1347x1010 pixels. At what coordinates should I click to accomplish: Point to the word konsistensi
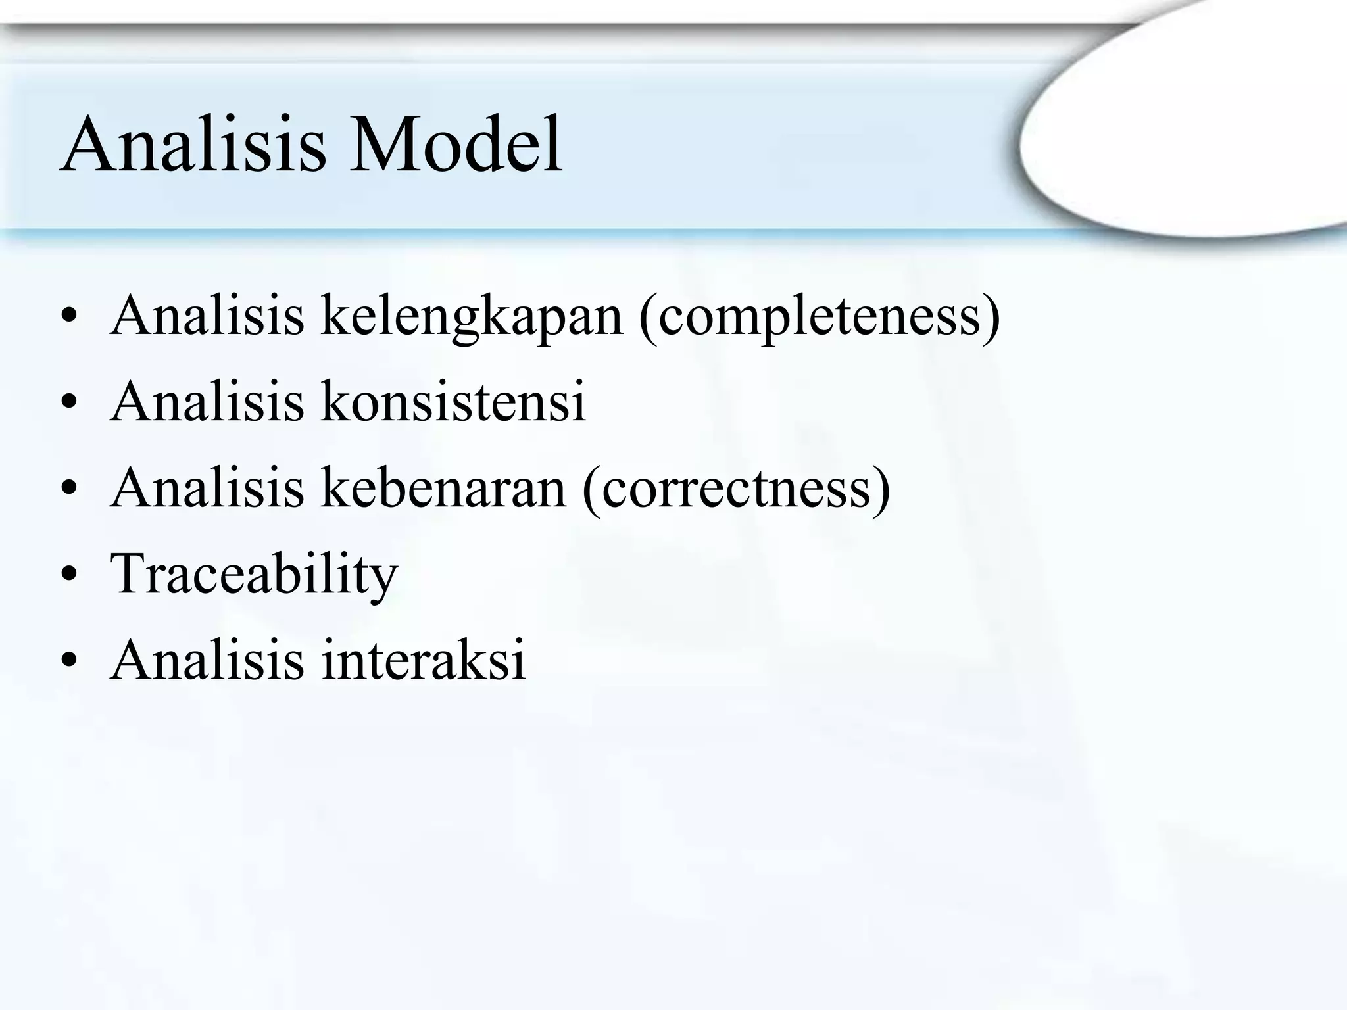point(453,402)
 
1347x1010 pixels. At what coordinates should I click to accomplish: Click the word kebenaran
point(443,489)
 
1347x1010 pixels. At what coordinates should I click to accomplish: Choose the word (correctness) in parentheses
point(737,489)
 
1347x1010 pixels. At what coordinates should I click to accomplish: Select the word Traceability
point(254,574)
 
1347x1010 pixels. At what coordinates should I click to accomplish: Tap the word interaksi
point(424,660)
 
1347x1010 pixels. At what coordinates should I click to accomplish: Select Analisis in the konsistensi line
point(207,402)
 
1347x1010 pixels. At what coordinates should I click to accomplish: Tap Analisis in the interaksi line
point(207,660)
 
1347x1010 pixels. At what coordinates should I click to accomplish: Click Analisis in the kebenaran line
point(207,489)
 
